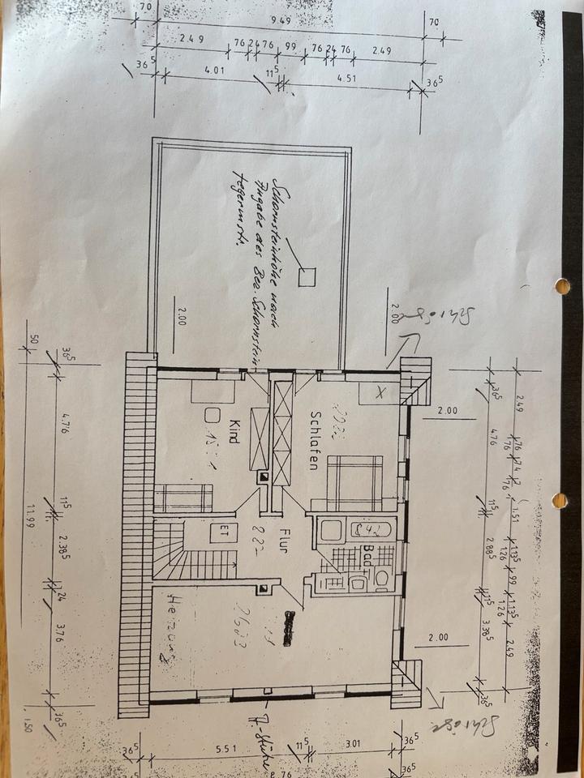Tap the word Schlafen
pyautogui.click(x=312, y=440)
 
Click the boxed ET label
pyautogui.click(x=219, y=533)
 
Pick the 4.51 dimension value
pyautogui.click(x=346, y=79)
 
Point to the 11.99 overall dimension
pyautogui.click(x=31, y=515)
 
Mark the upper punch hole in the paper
pyautogui.click(x=561, y=286)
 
